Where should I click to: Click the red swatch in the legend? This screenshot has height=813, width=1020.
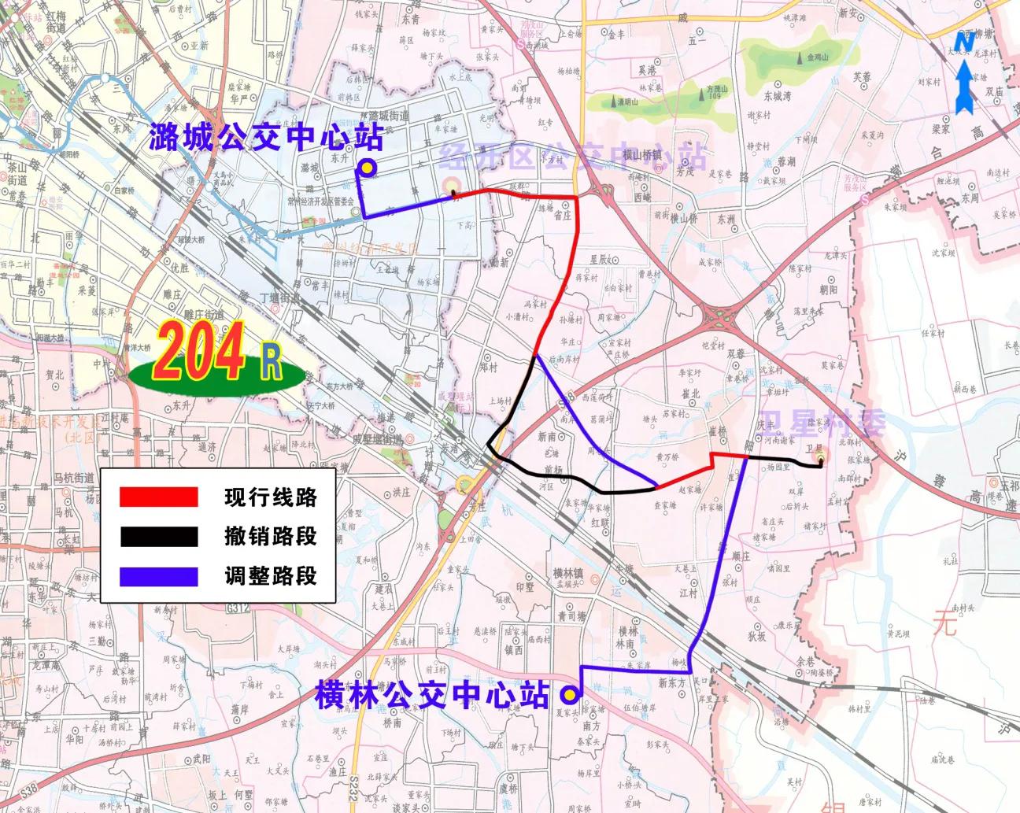[157, 497]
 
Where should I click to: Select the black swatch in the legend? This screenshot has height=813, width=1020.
[157, 537]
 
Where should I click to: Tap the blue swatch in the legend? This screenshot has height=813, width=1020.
[157, 576]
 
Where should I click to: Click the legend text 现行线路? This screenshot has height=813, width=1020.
[270, 497]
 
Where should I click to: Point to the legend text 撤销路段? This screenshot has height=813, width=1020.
[270, 537]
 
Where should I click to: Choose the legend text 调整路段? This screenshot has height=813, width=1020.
[270, 576]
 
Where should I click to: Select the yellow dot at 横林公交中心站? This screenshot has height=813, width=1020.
[568, 694]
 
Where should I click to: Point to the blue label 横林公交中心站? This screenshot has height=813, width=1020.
[431, 695]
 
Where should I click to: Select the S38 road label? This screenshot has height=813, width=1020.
[29, 789]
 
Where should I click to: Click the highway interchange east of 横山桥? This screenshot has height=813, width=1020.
[721, 319]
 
